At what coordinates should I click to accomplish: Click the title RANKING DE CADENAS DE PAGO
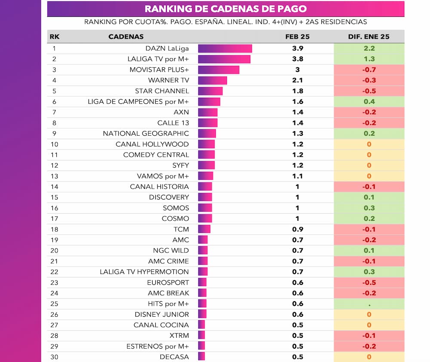click(x=226, y=9)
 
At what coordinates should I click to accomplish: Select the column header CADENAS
click(x=126, y=37)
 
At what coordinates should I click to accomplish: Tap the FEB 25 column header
click(x=297, y=37)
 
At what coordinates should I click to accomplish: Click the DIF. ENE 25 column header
click(x=369, y=37)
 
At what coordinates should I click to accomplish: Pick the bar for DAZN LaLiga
click(x=224, y=49)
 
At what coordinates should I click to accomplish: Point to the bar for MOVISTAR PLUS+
click(x=218, y=70)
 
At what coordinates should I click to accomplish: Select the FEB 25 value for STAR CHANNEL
click(x=297, y=91)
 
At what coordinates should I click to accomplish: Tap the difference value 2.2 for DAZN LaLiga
click(x=369, y=49)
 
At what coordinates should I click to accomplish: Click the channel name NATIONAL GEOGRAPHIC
click(x=146, y=134)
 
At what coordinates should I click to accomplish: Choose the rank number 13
click(x=53, y=176)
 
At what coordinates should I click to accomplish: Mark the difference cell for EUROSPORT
click(x=369, y=283)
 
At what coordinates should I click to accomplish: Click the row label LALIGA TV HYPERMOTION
click(x=144, y=272)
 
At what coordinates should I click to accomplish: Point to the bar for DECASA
click(x=201, y=357)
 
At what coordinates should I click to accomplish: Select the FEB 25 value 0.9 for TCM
click(x=297, y=229)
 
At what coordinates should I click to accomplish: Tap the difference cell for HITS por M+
click(x=369, y=304)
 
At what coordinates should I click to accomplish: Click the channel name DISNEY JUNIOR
click(x=162, y=314)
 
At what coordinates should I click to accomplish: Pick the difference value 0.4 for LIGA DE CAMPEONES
click(x=369, y=102)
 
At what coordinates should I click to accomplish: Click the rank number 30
click(x=53, y=357)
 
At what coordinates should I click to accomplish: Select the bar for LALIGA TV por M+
click(x=224, y=59)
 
